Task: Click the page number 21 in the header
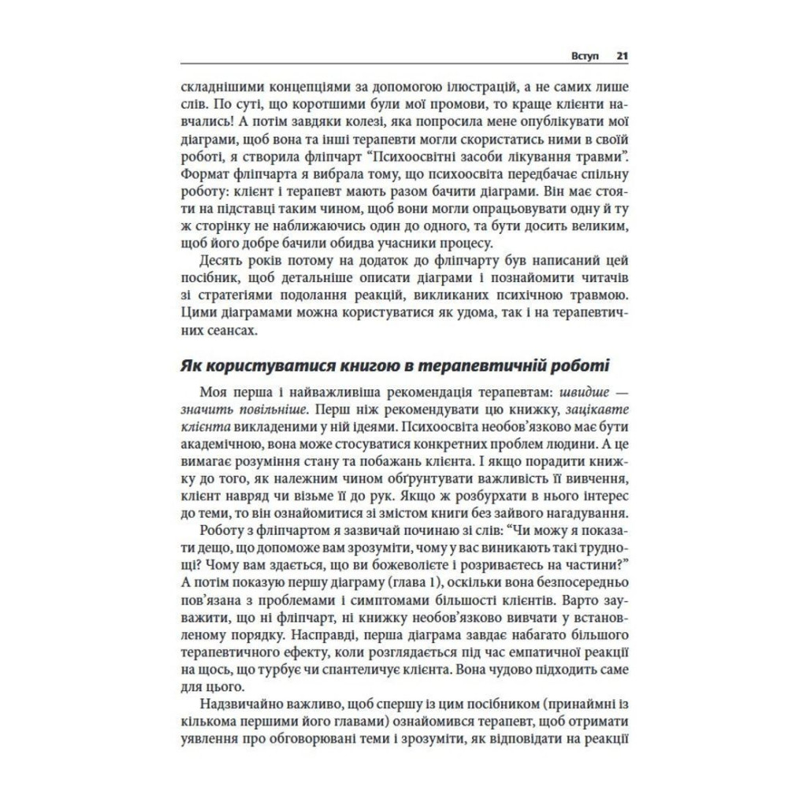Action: [x=621, y=57]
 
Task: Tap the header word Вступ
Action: [x=585, y=57]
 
